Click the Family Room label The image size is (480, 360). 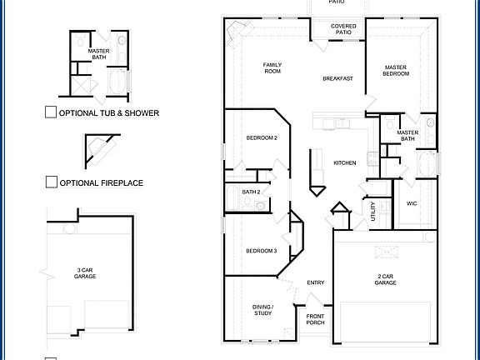tap(272, 67)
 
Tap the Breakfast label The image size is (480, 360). tap(337, 78)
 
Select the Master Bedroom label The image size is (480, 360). tap(397, 70)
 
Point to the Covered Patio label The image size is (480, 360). tap(342, 29)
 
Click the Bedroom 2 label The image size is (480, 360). tap(262, 137)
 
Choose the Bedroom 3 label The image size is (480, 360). tap(261, 251)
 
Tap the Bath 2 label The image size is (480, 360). tap(252, 192)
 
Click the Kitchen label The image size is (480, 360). tap(345, 162)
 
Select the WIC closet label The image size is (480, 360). tap(411, 203)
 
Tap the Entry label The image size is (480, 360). tap(315, 282)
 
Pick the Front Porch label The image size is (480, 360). tap(315, 319)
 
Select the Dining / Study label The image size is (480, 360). tap(262, 310)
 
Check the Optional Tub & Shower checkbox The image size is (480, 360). tap(51, 112)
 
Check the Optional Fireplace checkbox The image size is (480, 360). tap(51, 182)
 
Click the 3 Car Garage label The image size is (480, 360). tap(84, 272)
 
